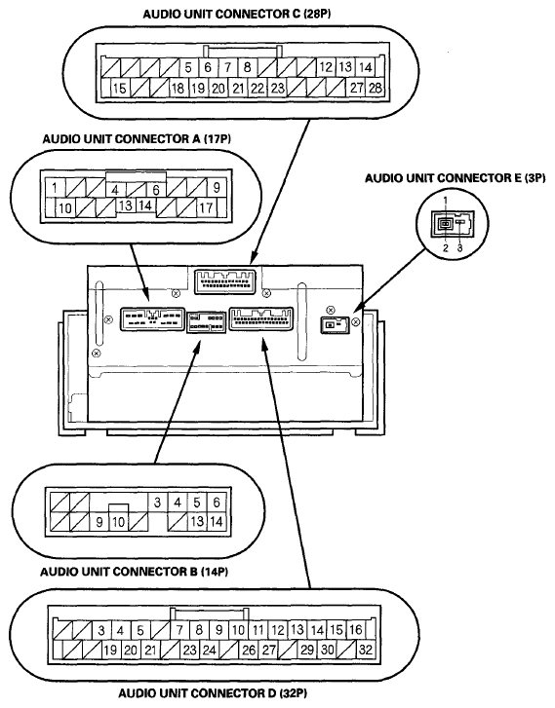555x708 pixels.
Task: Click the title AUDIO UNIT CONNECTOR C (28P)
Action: point(237,14)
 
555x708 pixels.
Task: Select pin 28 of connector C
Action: point(375,87)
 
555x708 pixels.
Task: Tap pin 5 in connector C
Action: point(188,68)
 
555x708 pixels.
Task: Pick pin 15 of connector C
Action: point(119,88)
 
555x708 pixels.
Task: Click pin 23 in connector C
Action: point(277,88)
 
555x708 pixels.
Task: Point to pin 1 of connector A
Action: point(55,187)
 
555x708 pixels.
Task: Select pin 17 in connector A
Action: point(206,207)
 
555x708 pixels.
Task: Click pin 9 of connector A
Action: point(217,187)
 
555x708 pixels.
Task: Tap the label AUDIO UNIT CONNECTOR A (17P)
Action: point(137,138)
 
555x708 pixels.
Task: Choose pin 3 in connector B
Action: point(157,503)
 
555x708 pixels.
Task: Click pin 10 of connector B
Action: point(118,522)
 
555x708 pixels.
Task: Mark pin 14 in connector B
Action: point(217,522)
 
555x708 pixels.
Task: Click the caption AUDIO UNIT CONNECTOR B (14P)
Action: point(135,572)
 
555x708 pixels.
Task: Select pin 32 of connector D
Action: point(365,650)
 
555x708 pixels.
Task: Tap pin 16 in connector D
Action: point(355,629)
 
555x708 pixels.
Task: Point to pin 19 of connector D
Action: point(110,651)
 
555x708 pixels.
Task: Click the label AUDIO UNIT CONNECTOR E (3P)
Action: point(456,178)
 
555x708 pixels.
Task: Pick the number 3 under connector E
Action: point(460,248)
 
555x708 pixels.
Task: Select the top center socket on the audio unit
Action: point(224,281)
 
